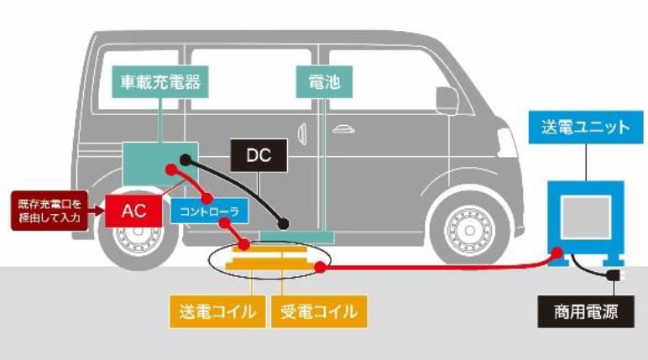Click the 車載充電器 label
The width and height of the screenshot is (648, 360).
coord(160,82)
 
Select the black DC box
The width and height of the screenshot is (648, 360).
coord(259,155)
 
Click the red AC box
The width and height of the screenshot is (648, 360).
coord(134,211)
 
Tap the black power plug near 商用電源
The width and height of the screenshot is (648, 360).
coord(616,275)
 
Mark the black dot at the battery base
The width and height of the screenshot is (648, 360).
coord(285,224)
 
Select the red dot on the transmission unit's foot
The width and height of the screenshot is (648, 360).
coord(556,252)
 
